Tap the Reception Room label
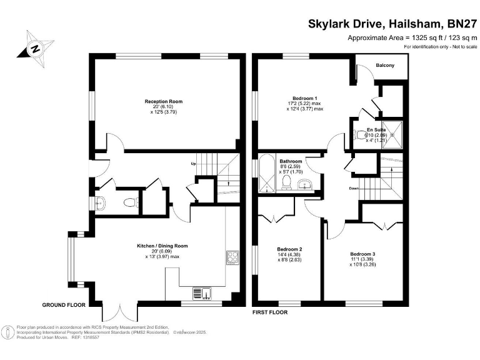163,101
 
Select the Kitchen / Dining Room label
162,246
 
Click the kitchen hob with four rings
232,256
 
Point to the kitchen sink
202,292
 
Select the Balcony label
384,65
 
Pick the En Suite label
376,129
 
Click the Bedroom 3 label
362,254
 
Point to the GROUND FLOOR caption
63,305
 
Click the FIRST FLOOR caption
269,312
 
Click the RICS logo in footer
8,330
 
